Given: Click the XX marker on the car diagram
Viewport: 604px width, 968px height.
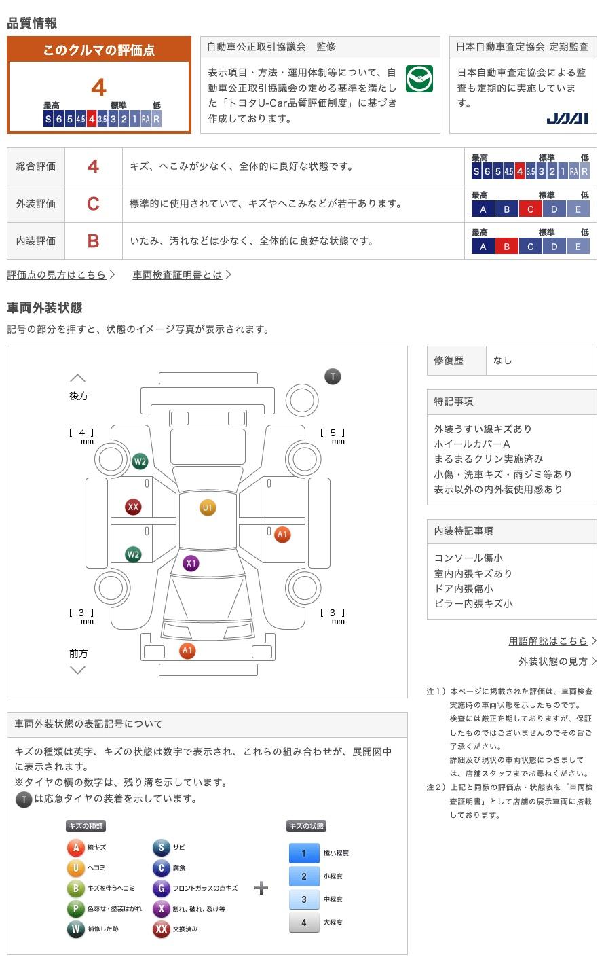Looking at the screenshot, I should tap(133, 507).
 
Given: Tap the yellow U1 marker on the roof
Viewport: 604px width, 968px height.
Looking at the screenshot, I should tap(207, 507).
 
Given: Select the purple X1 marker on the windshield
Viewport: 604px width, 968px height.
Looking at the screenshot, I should tap(191, 563).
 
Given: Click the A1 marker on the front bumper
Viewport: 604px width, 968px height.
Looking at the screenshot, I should tap(187, 651).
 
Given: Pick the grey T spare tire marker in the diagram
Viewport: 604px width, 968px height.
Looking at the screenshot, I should tap(333, 376).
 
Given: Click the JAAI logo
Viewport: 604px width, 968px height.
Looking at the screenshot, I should tap(567, 118).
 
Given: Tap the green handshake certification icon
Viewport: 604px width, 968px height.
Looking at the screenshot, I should tap(419, 79).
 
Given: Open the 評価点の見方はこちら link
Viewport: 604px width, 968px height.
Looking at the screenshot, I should tap(57, 275).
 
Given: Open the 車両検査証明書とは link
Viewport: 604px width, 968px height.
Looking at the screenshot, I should tap(178, 275).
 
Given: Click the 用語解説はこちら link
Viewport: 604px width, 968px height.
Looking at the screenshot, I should tap(548, 641).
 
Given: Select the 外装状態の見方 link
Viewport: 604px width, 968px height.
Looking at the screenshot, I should tap(553, 661).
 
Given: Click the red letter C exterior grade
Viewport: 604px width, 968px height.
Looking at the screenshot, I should tap(93, 204).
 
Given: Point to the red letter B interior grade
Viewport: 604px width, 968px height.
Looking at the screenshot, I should tap(93, 241).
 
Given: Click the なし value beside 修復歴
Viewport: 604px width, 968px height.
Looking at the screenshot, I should tap(503, 361).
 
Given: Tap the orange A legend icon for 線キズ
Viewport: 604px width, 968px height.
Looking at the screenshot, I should tap(75, 847).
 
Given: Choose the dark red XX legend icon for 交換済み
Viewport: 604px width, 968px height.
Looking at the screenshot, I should tap(161, 929).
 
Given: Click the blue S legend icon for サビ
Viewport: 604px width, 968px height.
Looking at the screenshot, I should tap(161, 847).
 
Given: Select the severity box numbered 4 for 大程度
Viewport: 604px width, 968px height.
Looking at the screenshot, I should tap(303, 922).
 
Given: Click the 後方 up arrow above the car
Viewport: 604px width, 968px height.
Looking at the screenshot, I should tap(78, 378).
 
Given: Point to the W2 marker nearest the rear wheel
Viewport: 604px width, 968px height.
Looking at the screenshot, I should tap(140, 462).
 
